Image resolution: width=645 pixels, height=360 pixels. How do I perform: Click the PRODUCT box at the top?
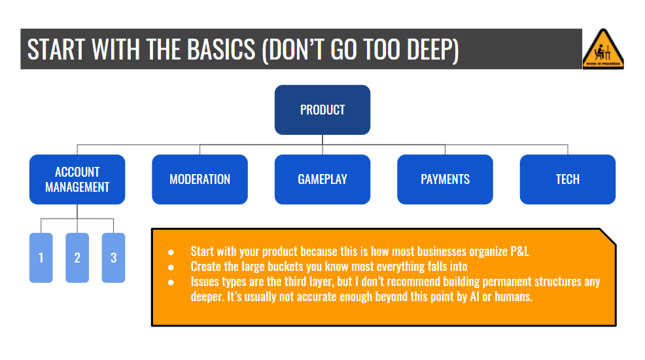tap(322, 110)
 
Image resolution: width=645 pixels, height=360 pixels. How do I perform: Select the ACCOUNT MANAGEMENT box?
tap(77, 179)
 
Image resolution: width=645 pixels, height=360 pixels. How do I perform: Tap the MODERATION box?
tap(200, 179)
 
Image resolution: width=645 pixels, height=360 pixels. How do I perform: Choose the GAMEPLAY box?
tap(322, 179)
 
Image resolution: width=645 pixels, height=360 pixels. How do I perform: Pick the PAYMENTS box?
tap(445, 179)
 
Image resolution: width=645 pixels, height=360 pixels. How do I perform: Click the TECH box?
tap(567, 179)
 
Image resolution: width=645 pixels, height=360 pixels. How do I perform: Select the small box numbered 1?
tap(41, 258)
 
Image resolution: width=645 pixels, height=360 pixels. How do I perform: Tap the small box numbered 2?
tap(77, 258)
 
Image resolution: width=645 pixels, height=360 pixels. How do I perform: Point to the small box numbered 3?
tap(113, 258)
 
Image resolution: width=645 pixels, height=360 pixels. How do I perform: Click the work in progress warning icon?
tap(603, 48)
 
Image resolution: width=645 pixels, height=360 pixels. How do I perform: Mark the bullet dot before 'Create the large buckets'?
tap(171, 266)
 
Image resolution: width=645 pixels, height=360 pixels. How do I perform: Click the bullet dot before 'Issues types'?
tap(171, 282)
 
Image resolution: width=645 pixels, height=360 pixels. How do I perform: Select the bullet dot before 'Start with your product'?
tap(171, 251)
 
